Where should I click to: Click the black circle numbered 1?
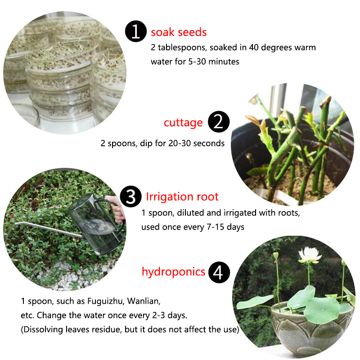(x=136, y=31)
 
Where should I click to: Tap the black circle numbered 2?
(x=219, y=121)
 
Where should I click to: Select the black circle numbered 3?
(x=130, y=197)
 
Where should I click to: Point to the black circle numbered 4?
(x=219, y=272)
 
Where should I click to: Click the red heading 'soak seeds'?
(x=179, y=32)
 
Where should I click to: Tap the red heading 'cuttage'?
(x=183, y=123)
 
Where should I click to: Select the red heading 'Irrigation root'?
(x=182, y=197)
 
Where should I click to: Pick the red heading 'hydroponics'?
(x=173, y=272)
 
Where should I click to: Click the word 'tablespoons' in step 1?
(x=181, y=48)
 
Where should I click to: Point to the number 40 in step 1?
(x=254, y=47)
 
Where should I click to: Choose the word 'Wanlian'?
(x=144, y=301)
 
